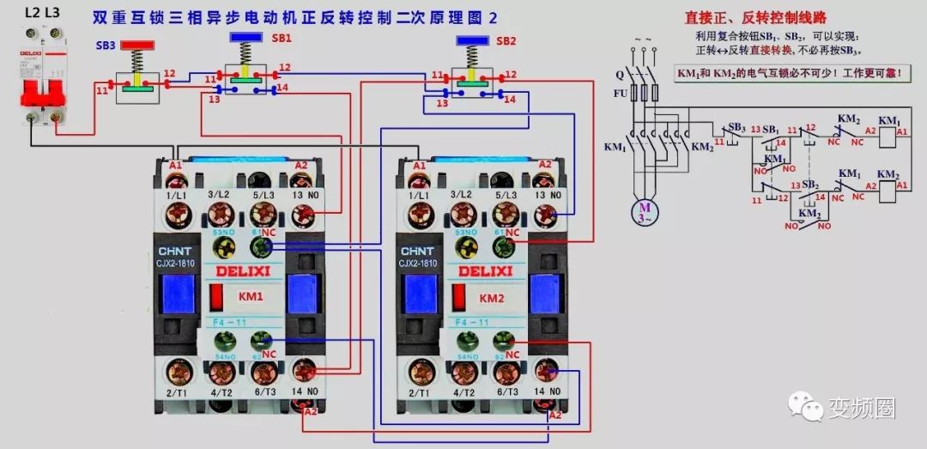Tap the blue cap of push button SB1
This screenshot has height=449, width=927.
(x=246, y=39)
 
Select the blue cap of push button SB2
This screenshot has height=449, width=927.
(x=474, y=40)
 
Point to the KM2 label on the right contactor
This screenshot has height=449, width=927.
(x=492, y=299)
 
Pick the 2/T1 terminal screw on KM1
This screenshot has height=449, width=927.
(x=178, y=371)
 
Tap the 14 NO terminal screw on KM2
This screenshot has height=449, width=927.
(x=547, y=371)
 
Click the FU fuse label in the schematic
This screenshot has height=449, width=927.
(x=620, y=93)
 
